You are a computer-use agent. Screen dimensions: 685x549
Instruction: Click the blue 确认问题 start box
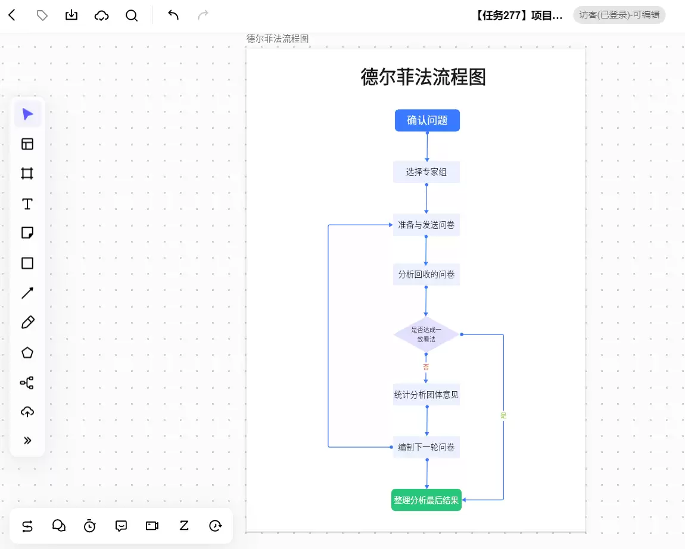pyautogui.click(x=427, y=120)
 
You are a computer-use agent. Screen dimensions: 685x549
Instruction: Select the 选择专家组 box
pyautogui.click(x=426, y=172)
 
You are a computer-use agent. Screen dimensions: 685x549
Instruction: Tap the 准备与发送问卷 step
pyautogui.click(x=426, y=225)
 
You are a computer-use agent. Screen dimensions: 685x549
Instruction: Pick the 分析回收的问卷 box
pyautogui.click(x=426, y=274)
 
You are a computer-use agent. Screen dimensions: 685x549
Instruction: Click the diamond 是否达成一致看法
pyautogui.click(x=426, y=334)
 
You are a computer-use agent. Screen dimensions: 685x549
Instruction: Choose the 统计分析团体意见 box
pyautogui.click(x=426, y=395)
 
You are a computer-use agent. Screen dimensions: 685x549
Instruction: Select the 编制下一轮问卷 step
pyautogui.click(x=426, y=446)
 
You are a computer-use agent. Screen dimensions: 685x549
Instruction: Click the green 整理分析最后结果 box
pyautogui.click(x=426, y=500)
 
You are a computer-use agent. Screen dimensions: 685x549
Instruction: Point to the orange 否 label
pyautogui.click(x=426, y=367)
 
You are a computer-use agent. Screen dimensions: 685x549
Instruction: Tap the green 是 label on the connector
pyautogui.click(x=503, y=415)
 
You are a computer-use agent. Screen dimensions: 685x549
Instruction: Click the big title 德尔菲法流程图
pyautogui.click(x=423, y=77)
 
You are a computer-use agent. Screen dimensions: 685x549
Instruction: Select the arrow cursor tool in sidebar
pyautogui.click(x=27, y=114)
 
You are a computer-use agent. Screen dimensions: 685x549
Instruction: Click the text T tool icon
pyautogui.click(x=27, y=204)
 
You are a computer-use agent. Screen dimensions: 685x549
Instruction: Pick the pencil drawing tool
pyautogui.click(x=27, y=322)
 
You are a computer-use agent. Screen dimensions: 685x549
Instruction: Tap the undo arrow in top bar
pyautogui.click(x=173, y=15)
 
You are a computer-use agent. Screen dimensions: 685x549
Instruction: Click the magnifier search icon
pyautogui.click(x=132, y=15)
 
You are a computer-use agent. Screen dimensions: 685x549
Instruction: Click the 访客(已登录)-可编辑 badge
pyautogui.click(x=619, y=15)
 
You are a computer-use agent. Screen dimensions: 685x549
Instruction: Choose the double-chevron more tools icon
pyautogui.click(x=27, y=440)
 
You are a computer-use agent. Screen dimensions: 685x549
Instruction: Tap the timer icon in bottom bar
pyautogui.click(x=89, y=526)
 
